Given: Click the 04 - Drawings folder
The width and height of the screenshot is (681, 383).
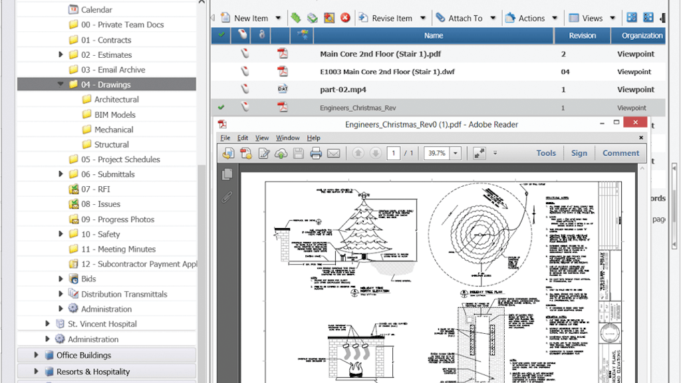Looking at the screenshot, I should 106,84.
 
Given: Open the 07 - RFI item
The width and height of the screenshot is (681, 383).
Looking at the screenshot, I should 95,189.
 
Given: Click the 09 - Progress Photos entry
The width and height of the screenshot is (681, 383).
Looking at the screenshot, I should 117,219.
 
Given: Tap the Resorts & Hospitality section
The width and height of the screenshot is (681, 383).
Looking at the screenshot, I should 92,372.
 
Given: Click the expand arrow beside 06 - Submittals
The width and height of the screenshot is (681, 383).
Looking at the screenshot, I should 61,174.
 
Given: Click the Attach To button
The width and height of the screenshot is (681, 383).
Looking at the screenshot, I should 465,18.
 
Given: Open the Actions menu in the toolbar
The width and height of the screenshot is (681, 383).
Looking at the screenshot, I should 531,18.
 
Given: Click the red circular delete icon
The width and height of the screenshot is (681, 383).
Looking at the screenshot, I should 345,18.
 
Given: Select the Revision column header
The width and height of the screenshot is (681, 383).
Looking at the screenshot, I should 582,36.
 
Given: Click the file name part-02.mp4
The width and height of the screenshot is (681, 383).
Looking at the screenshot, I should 342,89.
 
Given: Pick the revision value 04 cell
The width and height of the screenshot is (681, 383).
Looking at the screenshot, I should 565,72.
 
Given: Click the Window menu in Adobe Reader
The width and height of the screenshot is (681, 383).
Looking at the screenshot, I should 287,138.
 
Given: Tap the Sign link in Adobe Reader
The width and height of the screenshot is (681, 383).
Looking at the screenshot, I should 579,153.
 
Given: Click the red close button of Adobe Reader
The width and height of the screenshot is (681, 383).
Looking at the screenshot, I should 636,123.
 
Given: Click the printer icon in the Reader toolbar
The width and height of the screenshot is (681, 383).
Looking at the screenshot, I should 316,154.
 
